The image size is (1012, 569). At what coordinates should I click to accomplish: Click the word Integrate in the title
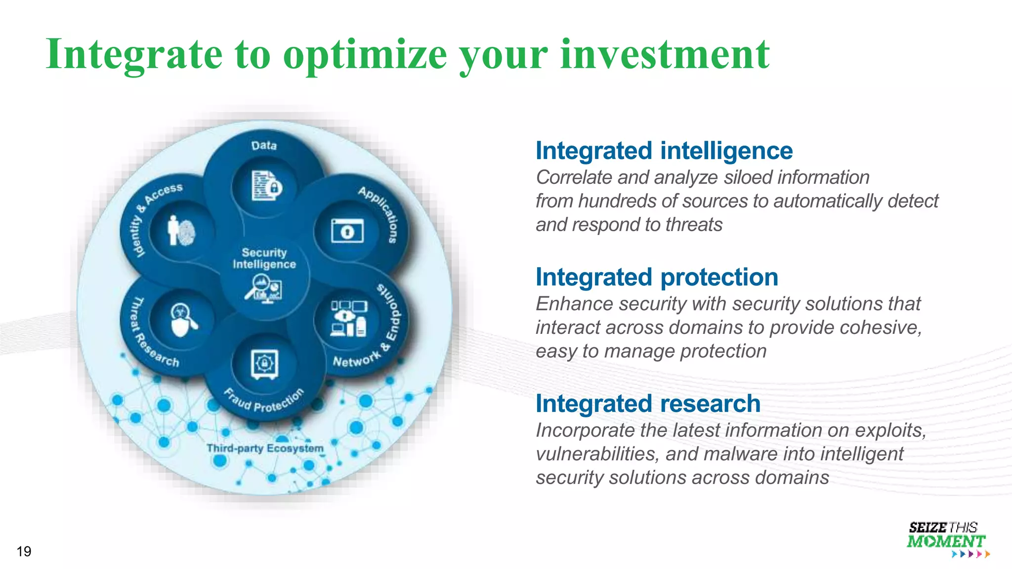coord(133,54)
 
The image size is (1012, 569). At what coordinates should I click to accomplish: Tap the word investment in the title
coord(665,54)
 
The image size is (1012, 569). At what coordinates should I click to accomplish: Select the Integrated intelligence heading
coord(664,151)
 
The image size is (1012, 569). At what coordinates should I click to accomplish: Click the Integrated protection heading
coord(657,277)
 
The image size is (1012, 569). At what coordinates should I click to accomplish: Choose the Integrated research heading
coord(648,404)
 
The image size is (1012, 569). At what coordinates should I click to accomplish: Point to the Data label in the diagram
coord(264,146)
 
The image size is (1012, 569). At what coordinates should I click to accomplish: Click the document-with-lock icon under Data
coord(266,186)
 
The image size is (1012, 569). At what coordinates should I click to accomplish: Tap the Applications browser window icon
coord(347,231)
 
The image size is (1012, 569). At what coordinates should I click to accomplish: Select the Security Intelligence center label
coord(264,258)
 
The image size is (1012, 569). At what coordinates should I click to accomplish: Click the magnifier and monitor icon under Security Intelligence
coord(264,289)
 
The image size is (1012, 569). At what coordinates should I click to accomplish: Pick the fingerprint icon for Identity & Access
coord(181,231)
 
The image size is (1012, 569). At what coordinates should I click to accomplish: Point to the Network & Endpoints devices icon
coord(349,319)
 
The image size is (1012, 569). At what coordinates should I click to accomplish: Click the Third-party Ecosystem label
coord(265,448)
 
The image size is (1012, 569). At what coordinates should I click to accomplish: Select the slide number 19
coord(24,551)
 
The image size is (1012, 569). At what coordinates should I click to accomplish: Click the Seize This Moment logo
coord(946,539)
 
